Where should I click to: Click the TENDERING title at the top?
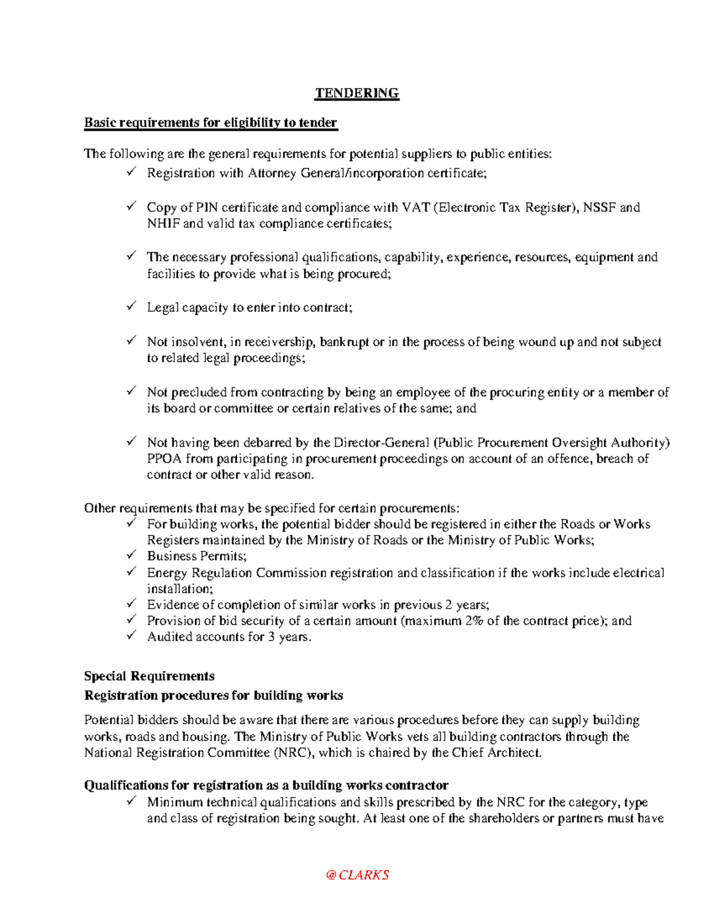point(356,93)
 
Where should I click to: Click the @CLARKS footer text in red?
point(357,875)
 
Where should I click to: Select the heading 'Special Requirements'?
point(149,676)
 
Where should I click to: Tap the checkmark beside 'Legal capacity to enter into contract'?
point(131,306)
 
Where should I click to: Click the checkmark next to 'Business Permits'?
point(131,555)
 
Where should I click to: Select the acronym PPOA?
point(164,459)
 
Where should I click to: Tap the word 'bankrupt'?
point(344,342)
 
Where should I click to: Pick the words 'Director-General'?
point(381,443)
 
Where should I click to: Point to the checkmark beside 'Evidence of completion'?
point(131,604)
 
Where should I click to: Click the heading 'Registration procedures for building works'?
point(214,696)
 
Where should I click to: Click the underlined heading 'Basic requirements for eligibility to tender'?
point(211,123)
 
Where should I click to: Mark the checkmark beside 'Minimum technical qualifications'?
point(131,801)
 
